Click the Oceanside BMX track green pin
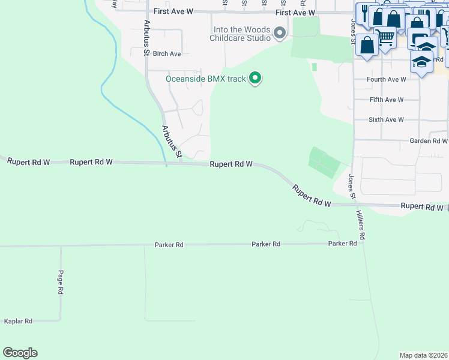[255, 78]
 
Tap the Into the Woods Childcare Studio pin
[280, 33]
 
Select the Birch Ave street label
[167, 54]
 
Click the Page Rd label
[61, 281]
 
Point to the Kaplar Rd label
[18, 322]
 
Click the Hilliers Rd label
[360, 226]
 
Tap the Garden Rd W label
[429, 141]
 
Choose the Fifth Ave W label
[387, 100]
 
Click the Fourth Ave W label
[387, 79]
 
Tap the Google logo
[20, 353]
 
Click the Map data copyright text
[423, 355]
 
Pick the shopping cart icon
[385, 37]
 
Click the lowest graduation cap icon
[422, 62]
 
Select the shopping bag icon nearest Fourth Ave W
[367, 44]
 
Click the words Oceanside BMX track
[206, 79]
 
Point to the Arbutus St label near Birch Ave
[146, 38]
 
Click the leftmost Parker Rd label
[169, 245]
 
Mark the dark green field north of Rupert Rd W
[323, 161]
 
